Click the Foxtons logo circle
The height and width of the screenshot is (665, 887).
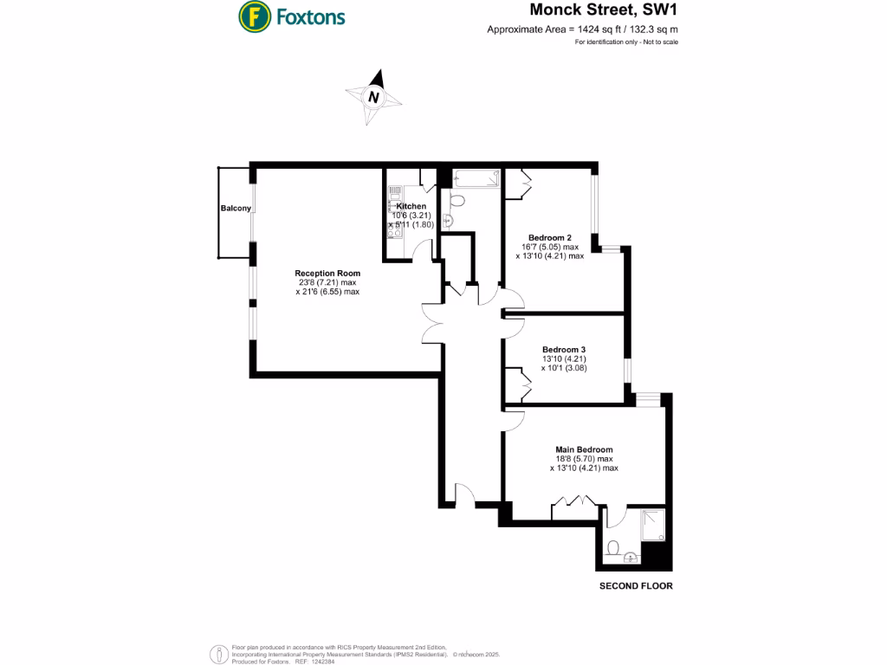tap(253, 16)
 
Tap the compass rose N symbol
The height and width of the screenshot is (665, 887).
tap(373, 97)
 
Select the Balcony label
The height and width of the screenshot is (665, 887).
tap(236, 209)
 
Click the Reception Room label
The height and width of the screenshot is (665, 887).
tap(327, 273)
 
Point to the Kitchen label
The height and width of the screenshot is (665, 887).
tap(411, 206)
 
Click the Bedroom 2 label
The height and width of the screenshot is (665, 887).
tap(550, 237)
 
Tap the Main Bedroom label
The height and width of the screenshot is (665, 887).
tap(584, 449)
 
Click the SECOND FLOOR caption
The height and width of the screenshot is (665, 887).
tap(636, 586)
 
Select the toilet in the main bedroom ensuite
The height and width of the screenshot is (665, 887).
tap(612, 548)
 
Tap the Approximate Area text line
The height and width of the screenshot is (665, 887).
tap(582, 30)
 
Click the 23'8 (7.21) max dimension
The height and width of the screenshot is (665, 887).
tap(327, 282)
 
